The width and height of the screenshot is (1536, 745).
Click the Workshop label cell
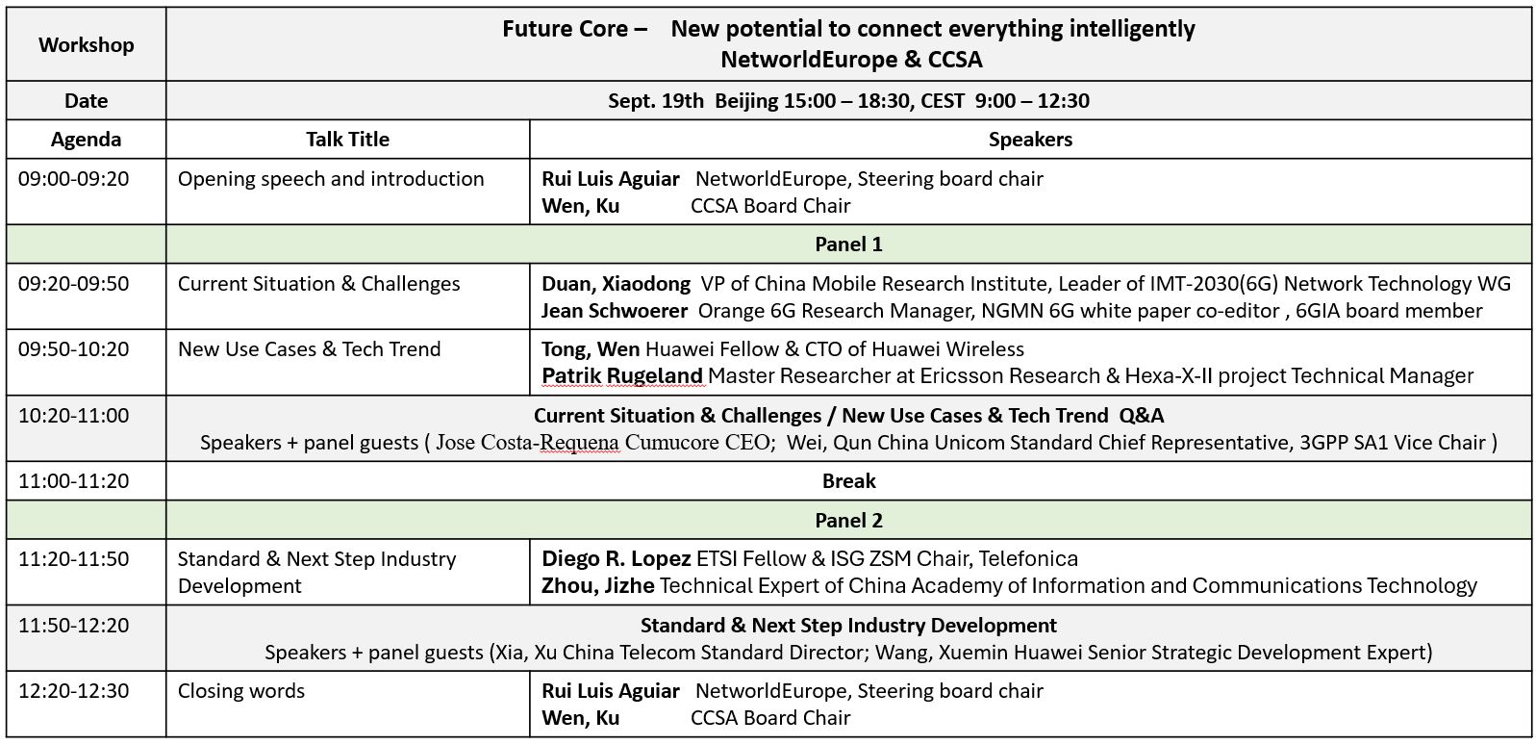click(x=87, y=44)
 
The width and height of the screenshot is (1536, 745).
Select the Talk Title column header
click(x=347, y=140)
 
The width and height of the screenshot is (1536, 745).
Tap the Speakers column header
click(x=1030, y=140)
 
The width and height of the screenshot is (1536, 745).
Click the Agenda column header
click(x=87, y=140)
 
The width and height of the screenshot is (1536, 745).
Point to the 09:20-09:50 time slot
click(x=73, y=283)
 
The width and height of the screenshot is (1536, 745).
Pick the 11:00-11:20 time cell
click(x=73, y=480)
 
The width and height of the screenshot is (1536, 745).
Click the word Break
click(x=849, y=480)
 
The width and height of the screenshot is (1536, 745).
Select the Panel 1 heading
click(x=848, y=244)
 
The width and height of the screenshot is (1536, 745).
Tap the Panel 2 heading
click(x=848, y=520)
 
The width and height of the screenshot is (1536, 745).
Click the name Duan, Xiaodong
click(x=616, y=284)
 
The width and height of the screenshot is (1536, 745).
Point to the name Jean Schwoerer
click(x=615, y=311)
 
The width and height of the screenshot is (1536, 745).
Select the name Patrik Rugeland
click(x=622, y=376)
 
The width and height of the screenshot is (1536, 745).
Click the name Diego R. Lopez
click(x=616, y=559)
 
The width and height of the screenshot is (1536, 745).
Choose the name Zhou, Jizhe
click(x=598, y=586)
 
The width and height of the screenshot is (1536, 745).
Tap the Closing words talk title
click(x=241, y=690)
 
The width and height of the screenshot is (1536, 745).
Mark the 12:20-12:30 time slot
click(x=73, y=690)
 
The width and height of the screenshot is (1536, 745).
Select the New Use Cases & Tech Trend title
click(x=310, y=349)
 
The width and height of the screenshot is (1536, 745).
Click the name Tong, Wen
click(x=591, y=349)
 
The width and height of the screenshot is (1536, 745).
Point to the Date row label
click(x=87, y=101)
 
